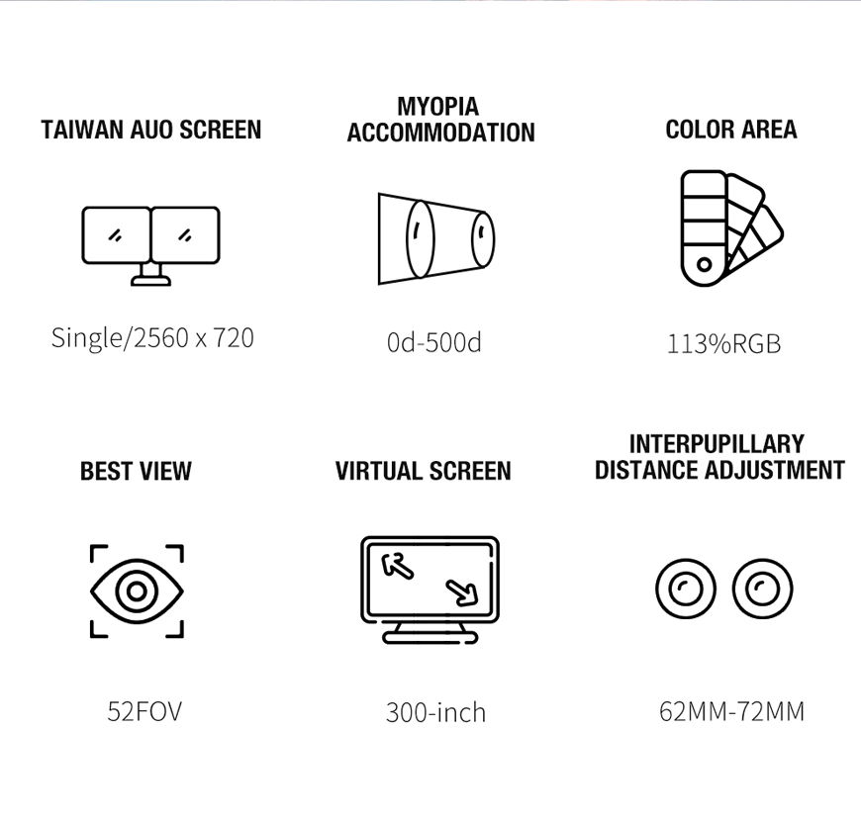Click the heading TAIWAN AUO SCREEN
(151, 131)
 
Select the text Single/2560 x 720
(152, 337)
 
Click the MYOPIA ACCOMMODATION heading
(441, 120)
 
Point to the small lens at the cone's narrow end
(483, 239)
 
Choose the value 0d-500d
(433, 342)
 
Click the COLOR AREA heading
(731, 130)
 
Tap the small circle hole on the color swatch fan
(704, 264)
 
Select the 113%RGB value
(723, 344)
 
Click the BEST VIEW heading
(136, 471)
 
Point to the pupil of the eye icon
(137, 592)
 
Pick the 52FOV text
(144, 711)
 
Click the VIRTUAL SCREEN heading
(423, 471)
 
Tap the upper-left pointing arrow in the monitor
(397, 566)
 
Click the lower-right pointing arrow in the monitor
(462, 592)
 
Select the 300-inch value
(436, 712)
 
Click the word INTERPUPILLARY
(717, 443)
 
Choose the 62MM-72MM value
(732, 711)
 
